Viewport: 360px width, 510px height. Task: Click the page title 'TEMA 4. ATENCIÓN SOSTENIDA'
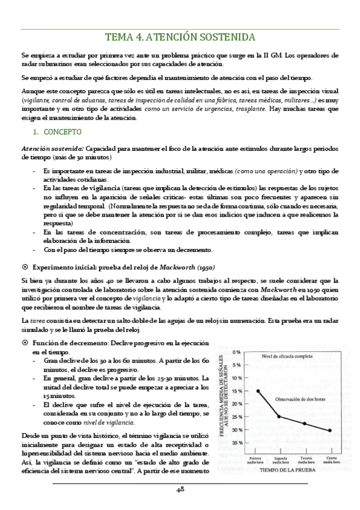(180, 36)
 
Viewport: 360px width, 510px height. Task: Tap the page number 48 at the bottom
(180, 491)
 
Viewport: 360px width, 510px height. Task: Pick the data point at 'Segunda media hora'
(279, 416)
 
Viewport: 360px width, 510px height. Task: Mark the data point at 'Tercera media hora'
(305, 423)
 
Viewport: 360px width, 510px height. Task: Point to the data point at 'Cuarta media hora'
(330, 430)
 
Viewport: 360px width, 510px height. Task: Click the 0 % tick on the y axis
(237, 352)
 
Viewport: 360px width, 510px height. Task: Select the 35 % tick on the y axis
(236, 443)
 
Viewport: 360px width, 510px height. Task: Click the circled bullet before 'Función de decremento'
(25, 342)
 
